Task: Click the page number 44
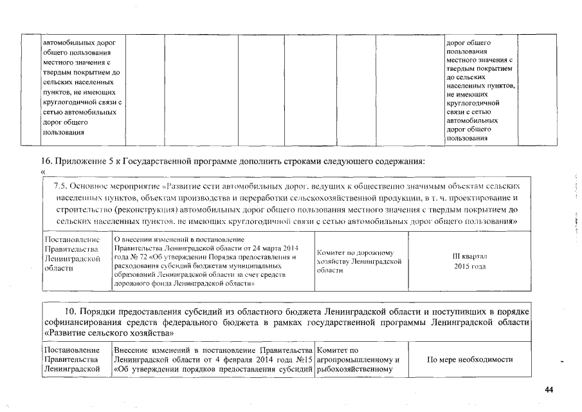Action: (549, 389)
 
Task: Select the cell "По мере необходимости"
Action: (469, 359)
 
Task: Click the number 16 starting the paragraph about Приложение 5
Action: (45, 161)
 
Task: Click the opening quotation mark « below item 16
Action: (43, 172)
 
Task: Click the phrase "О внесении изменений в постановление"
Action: (174, 239)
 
